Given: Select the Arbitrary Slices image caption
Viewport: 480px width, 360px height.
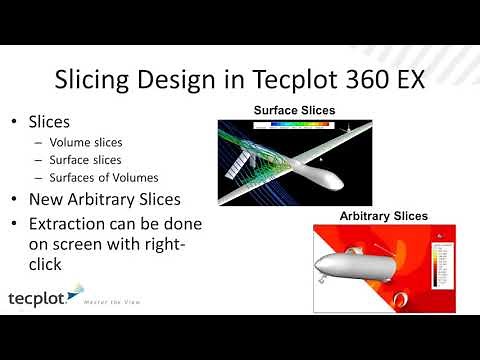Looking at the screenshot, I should (x=384, y=215).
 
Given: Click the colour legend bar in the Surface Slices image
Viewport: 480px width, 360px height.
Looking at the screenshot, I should (x=291, y=126).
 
